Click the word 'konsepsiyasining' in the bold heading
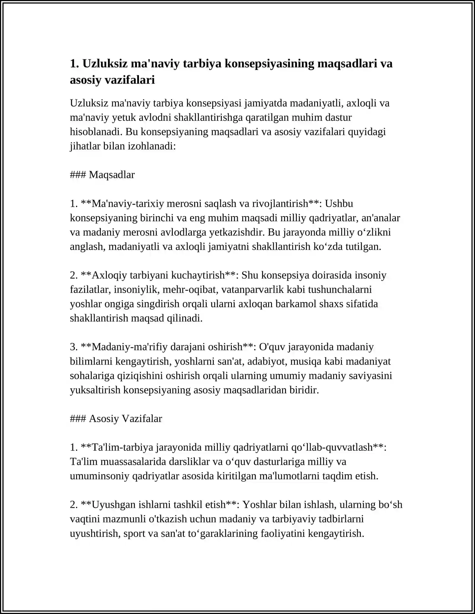click(269, 63)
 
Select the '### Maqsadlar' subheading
click(102, 175)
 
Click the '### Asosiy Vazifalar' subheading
click(116, 419)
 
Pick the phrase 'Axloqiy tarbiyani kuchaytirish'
click(158, 275)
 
